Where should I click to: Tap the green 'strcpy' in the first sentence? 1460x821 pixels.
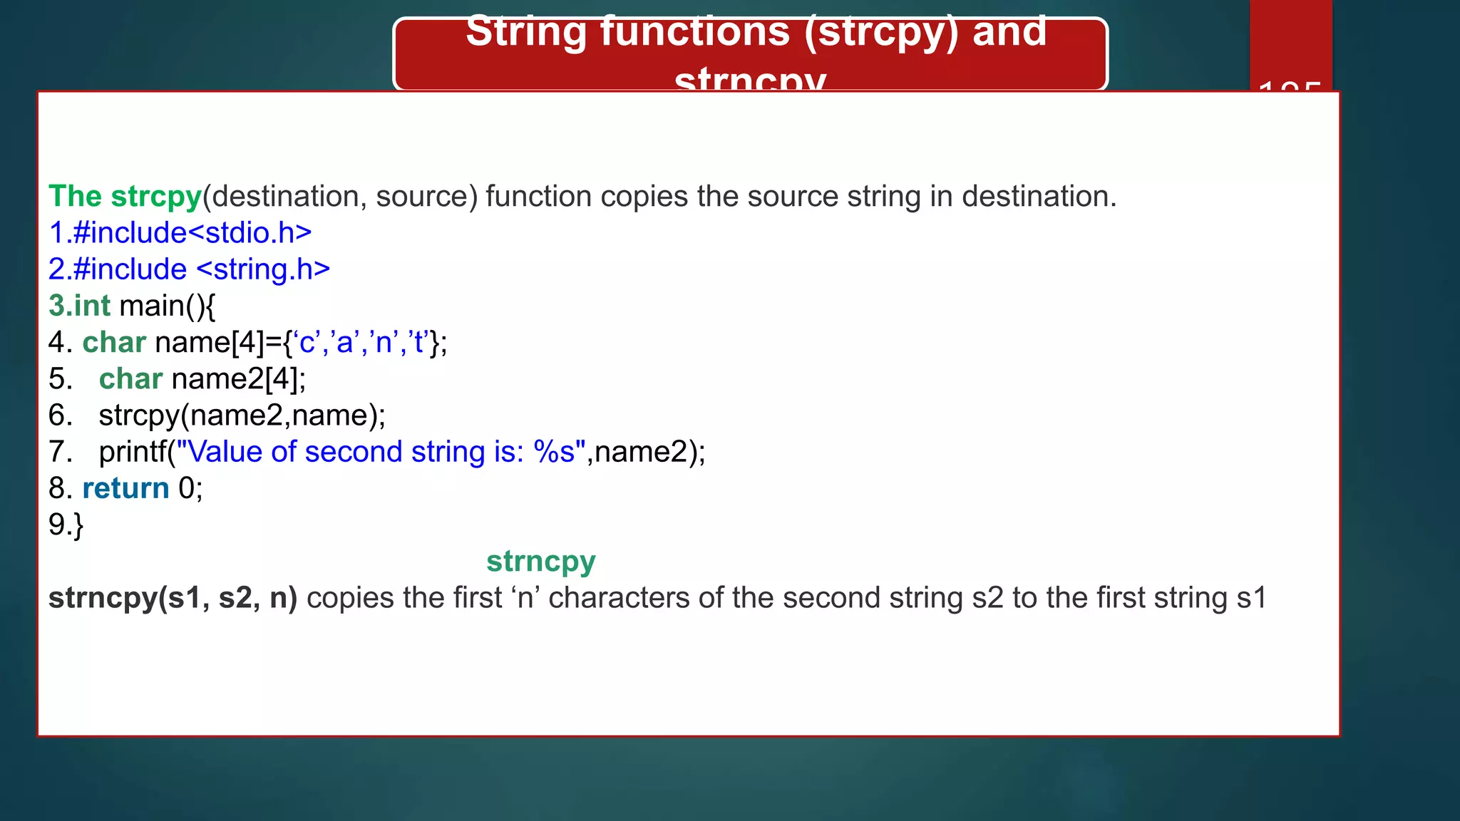[156, 197]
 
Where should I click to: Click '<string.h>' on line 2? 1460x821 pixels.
[262, 269]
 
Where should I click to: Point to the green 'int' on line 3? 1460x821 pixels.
[93, 306]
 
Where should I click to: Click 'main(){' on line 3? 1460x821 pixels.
[168, 306]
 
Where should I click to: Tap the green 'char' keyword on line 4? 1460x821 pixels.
[114, 343]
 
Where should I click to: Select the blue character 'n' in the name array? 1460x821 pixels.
[384, 343]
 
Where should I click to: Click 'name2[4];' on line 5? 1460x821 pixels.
[238, 379]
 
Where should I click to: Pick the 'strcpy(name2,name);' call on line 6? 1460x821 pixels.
[242, 415]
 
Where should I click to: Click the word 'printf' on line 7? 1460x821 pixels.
[133, 452]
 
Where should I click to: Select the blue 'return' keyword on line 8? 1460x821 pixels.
[125, 488]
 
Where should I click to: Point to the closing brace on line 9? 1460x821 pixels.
[78, 525]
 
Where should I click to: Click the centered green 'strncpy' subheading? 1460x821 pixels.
[540, 562]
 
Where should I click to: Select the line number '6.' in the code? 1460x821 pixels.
[61, 415]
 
